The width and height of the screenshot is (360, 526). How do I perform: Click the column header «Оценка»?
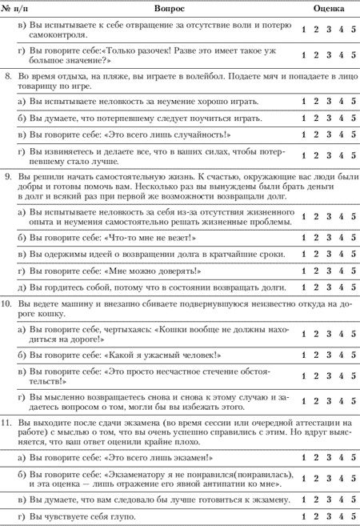(328, 6)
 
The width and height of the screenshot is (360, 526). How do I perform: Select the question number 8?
(7, 73)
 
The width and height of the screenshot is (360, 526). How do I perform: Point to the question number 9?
(7, 174)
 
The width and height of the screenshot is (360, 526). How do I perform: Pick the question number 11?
(7, 421)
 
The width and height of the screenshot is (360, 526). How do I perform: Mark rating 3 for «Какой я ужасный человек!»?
(329, 354)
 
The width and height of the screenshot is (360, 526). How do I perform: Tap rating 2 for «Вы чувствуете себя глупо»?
(317, 517)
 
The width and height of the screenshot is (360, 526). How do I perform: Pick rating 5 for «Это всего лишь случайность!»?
(353, 134)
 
